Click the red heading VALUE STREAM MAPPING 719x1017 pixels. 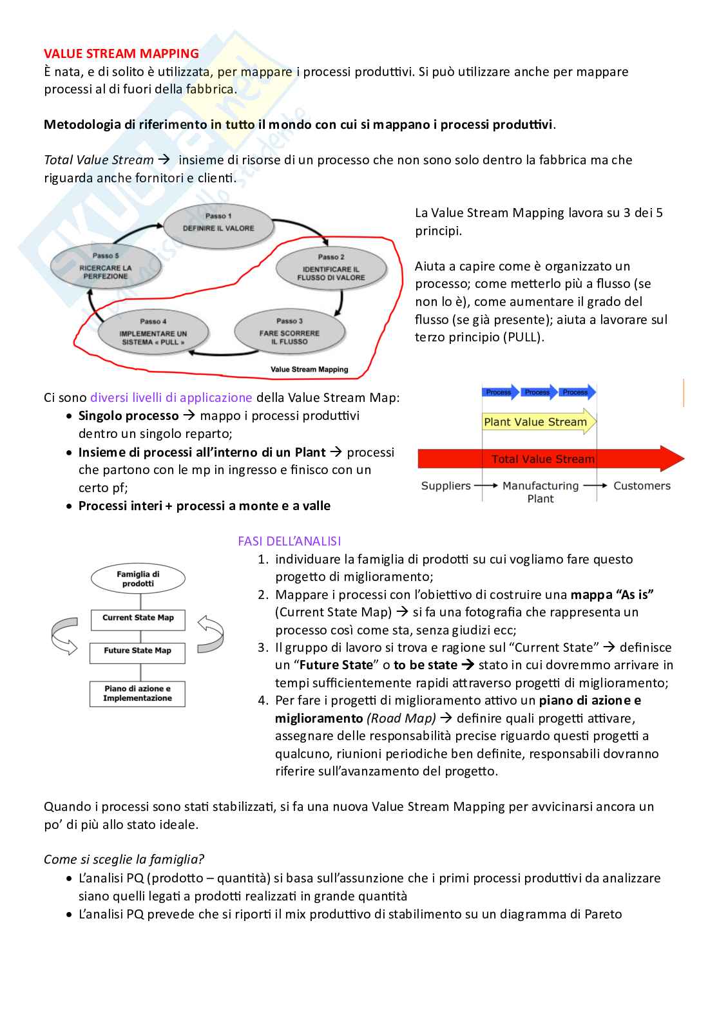(x=121, y=53)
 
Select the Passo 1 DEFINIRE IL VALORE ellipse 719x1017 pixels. (x=218, y=223)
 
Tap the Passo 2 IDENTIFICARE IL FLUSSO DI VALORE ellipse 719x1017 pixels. (x=331, y=268)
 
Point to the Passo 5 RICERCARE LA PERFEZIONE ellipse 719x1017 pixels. (x=106, y=267)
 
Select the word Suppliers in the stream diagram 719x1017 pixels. (x=446, y=486)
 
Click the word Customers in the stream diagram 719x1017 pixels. (x=642, y=486)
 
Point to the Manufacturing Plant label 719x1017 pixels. (x=541, y=492)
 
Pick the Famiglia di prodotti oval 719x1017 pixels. (x=138, y=578)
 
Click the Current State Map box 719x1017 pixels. (x=138, y=618)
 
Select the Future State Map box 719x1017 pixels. (x=137, y=652)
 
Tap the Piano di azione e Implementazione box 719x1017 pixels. (x=137, y=694)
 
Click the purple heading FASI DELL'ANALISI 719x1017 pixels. (x=289, y=541)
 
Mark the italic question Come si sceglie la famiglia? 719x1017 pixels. (x=124, y=859)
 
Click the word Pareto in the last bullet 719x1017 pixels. (x=603, y=914)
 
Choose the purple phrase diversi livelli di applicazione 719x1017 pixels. (x=171, y=397)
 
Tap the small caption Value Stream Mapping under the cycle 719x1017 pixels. (x=309, y=369)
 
